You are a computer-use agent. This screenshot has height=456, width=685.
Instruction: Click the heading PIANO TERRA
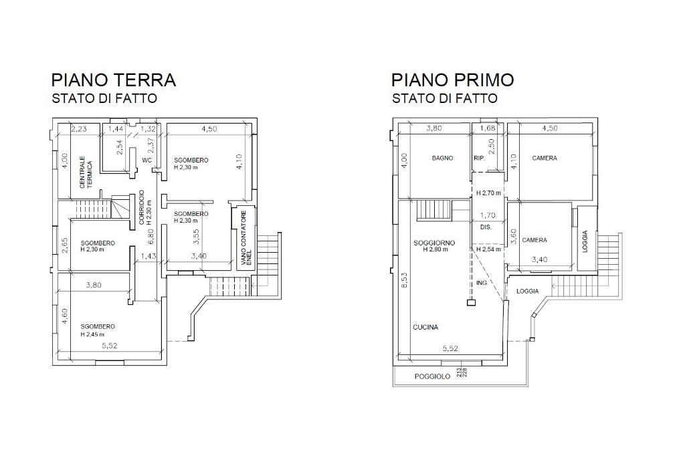click(114, 80)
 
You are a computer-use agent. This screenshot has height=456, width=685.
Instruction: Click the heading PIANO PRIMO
click(453, 80)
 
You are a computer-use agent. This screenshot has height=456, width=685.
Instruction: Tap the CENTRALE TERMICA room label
click(86, 173)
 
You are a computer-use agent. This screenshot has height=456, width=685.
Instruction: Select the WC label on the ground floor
click(146, 160)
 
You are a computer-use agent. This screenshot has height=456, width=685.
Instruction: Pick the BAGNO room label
click(442, 158)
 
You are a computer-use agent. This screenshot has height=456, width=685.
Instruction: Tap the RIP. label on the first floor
click(479, 158)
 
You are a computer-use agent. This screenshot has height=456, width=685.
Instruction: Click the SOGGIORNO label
click(434, 242)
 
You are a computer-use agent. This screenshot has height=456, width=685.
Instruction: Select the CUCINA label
click(425, 327)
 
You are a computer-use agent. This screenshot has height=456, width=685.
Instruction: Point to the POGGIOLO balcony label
click(432, 376)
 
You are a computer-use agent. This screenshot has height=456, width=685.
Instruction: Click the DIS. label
click(486, 227)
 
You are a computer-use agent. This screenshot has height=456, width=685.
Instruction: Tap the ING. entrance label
click(482, 283)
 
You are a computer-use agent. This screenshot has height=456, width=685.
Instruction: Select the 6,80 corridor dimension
click(151, 235)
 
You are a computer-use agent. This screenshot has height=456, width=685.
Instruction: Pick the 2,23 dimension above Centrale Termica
click(80, 128)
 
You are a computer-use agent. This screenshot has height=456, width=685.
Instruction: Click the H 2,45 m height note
click(98, 334)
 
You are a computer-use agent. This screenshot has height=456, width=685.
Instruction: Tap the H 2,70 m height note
click(488, 193)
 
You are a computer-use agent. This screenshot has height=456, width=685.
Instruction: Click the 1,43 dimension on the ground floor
click(149, 256)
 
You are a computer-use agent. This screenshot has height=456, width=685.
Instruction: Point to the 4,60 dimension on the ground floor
click(65, 315)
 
